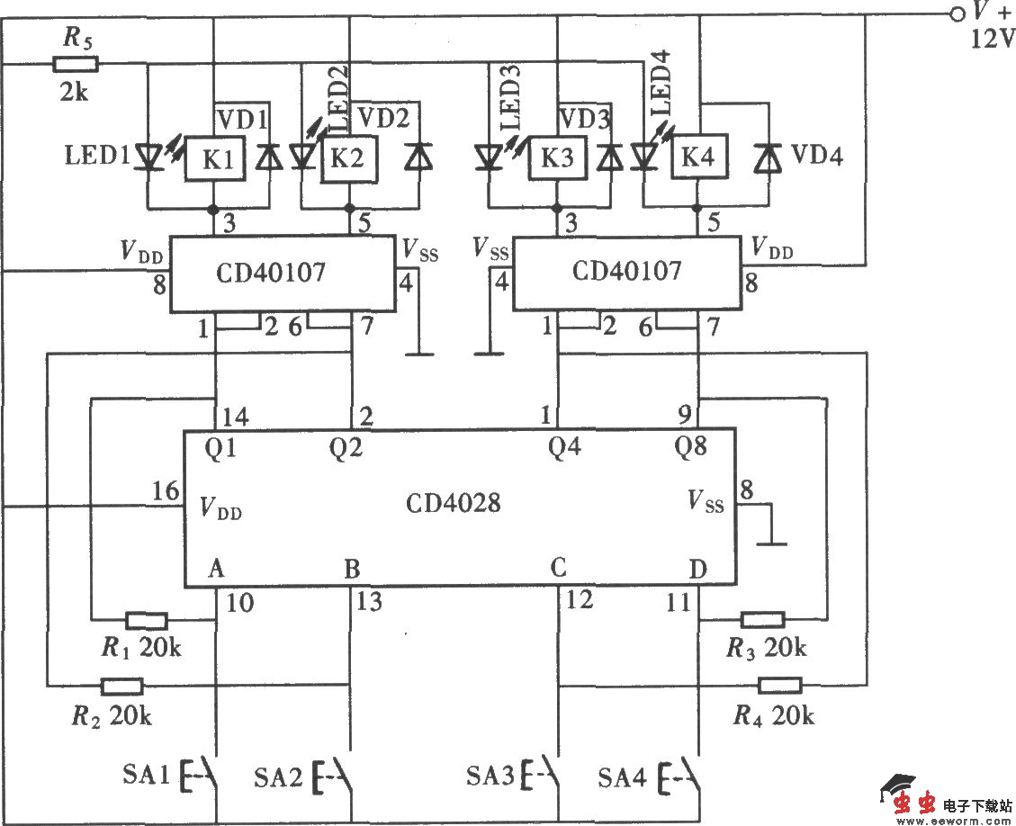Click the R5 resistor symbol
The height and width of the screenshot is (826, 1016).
(76, 64)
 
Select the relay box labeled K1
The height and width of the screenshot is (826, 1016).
(213, 160)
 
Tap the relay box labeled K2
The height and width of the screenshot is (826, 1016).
(348, 159)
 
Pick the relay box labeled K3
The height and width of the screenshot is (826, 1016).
(557, 159)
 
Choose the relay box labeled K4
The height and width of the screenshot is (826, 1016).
(697, 159)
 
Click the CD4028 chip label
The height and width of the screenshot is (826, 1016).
(453, 503)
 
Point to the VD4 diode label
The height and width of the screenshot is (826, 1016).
(816, 157)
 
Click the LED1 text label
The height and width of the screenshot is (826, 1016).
(95, 156)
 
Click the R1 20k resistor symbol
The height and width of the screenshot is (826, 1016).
(146, 620)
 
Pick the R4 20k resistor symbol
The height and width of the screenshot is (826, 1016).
(779, 686)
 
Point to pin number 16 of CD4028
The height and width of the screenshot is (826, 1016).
(165, 490)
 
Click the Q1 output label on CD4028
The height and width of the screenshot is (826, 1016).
(221, 447)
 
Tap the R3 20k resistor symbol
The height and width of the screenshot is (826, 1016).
(763, 619)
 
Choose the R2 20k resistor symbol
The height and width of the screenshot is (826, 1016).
(121, 687)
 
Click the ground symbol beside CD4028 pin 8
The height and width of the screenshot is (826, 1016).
(771, 543)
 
